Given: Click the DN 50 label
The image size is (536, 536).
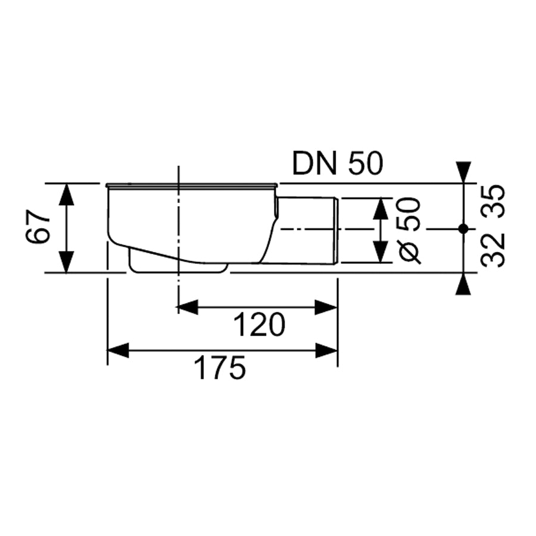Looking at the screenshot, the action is [x=338, y=163].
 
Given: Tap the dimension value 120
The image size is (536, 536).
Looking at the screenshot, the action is [x=260, y=325].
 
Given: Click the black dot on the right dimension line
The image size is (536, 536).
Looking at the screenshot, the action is [x=463, y=229].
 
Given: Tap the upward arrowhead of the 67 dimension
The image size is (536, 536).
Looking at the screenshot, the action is [x=66, y=194].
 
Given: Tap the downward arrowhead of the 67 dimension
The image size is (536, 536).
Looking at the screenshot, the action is [x=66, y=262].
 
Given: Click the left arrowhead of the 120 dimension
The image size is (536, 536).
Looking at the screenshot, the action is [x=188, y=307].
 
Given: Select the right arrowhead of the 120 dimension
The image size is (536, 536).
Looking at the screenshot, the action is [x=326, y=307].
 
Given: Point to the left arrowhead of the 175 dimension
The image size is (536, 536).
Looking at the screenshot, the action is [x=119, y=350].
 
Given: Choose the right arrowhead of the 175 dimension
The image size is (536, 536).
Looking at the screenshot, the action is [x=326, y=350].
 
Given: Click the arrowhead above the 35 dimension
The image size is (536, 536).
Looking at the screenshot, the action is [x=463, y=172].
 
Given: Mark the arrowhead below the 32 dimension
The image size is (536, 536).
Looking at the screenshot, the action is [x=463, y=283].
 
